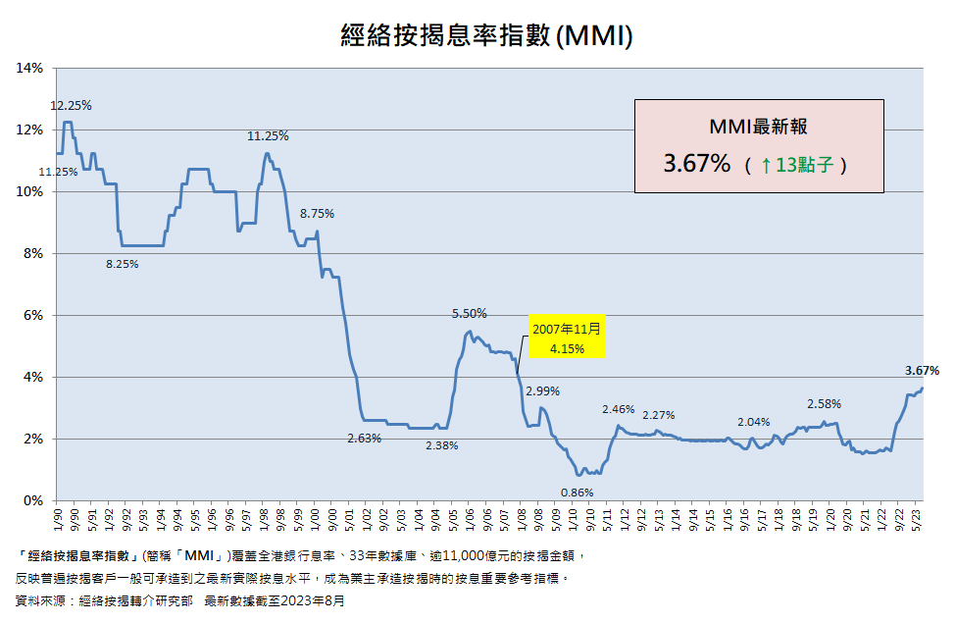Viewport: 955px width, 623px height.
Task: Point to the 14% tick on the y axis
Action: coord(30,69)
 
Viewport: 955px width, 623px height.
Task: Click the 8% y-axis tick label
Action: coord(33,254)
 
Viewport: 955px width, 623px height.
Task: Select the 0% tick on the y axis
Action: coord(33,501)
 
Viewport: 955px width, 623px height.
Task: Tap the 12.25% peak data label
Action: coord(71,106)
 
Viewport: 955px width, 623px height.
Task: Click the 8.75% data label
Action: coord(317,213)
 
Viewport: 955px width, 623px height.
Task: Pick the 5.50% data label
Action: coord(469,314)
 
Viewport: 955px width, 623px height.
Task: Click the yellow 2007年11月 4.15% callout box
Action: coord(568,338)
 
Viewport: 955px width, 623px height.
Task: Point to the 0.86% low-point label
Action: coord(577,493)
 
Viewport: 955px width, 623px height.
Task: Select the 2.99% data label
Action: coord(542,391)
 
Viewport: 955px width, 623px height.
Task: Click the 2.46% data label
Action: coord(619,409)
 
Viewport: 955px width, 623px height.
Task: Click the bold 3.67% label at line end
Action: coord(921,371)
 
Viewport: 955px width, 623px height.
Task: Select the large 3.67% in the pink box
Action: coord(696,164)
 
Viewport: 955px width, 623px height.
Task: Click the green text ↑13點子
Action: coord(796,165)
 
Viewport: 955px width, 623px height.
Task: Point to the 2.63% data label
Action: coord(364,439)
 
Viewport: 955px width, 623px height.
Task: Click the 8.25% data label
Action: coord(123,264)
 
